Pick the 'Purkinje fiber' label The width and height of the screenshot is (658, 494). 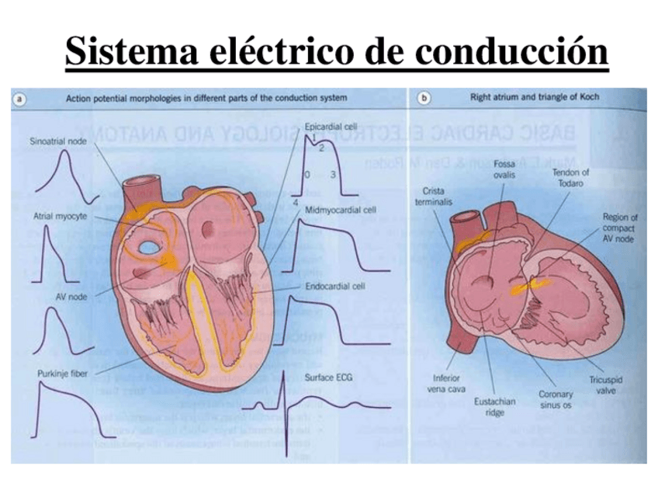58,374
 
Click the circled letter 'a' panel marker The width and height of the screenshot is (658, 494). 20,99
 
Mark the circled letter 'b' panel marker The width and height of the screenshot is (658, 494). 424,99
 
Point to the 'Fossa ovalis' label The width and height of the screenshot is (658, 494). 504,169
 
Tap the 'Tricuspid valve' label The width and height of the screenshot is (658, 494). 607,385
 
